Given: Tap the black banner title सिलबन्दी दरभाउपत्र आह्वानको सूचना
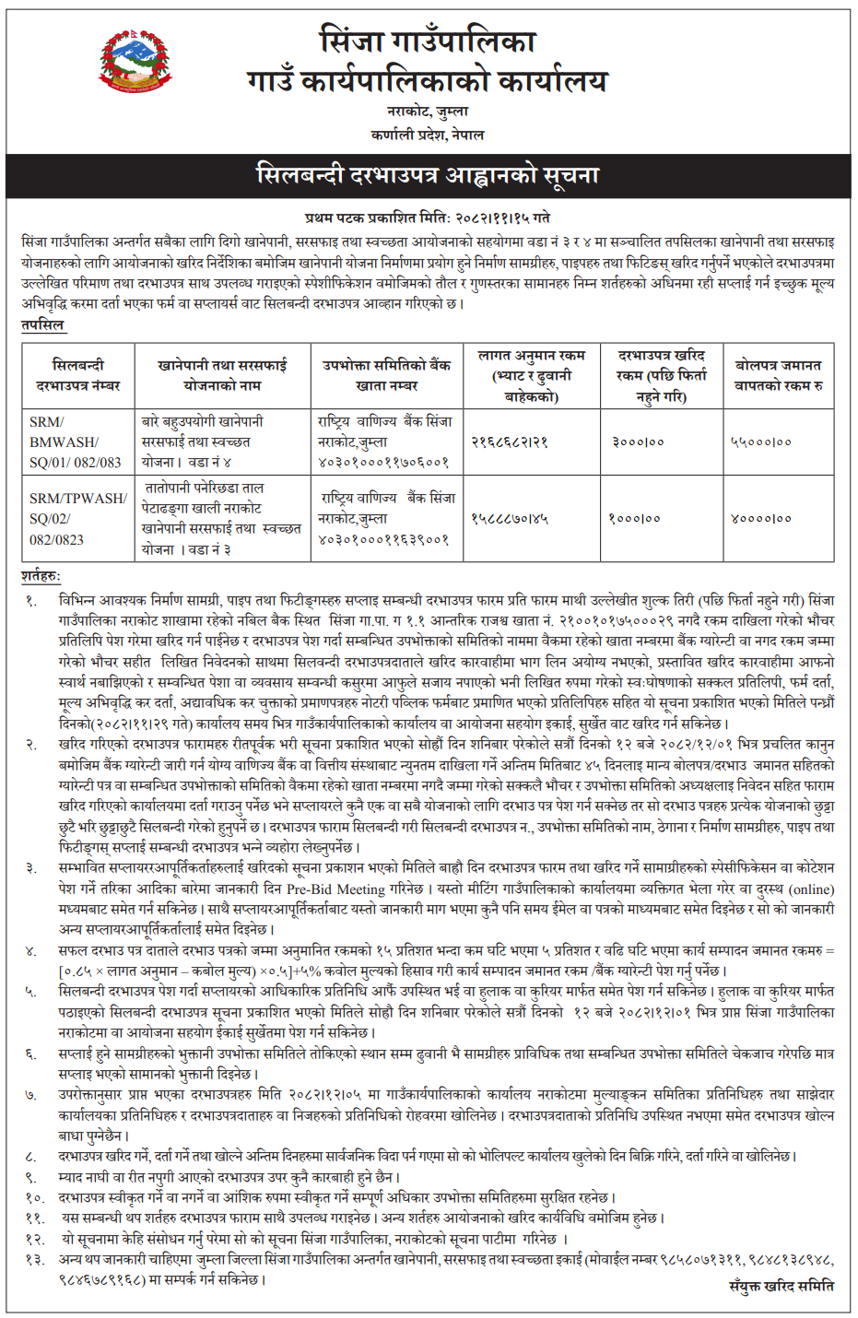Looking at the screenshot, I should (x=428, y=175).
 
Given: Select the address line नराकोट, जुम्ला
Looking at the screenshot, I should (x=428, y=112).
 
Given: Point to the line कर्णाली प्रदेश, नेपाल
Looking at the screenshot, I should (x=428, y=135).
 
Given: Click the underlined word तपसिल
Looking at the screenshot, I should (x=42, y=324).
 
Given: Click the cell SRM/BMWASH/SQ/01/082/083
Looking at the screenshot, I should (x=76, y=441).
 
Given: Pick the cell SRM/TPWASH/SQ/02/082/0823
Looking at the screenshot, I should (x=77, y=518).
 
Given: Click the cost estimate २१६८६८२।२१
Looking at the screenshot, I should (x=510, y=442).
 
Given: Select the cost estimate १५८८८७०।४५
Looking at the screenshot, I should (x=510, y=519).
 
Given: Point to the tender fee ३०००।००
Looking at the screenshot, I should (x=638, y=442).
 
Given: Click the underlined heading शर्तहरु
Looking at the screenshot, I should (x=41, y=576).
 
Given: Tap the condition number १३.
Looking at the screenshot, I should (x=34, y=1259).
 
